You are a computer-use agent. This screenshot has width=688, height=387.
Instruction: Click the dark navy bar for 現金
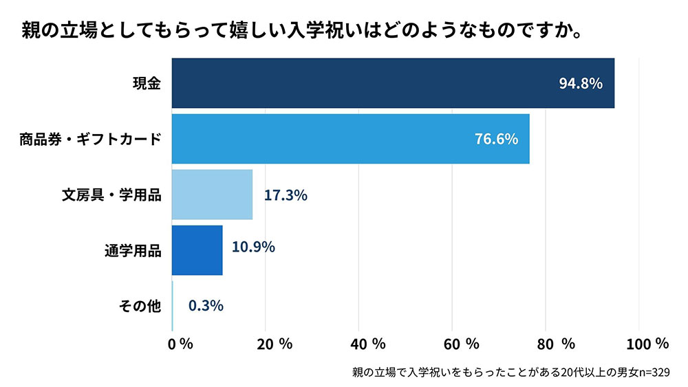coord(392,83)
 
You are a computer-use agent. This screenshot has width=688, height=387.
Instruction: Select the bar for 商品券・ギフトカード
coord(350,139)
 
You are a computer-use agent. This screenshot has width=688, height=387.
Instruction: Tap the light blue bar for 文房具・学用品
coord(212,195)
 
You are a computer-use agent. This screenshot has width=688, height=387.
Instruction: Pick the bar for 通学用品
coord(197,250)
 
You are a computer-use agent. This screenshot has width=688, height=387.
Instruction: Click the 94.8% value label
coord(581,84)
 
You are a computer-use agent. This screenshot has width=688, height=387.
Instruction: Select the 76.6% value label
coord(496,139)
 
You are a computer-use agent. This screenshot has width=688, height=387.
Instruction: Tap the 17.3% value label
coord(286,195)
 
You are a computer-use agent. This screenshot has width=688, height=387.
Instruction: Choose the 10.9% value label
coord(253,247)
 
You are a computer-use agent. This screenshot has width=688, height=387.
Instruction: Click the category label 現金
coord(147,84)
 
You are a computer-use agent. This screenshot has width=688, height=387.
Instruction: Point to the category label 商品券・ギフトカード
coord(90,140)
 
